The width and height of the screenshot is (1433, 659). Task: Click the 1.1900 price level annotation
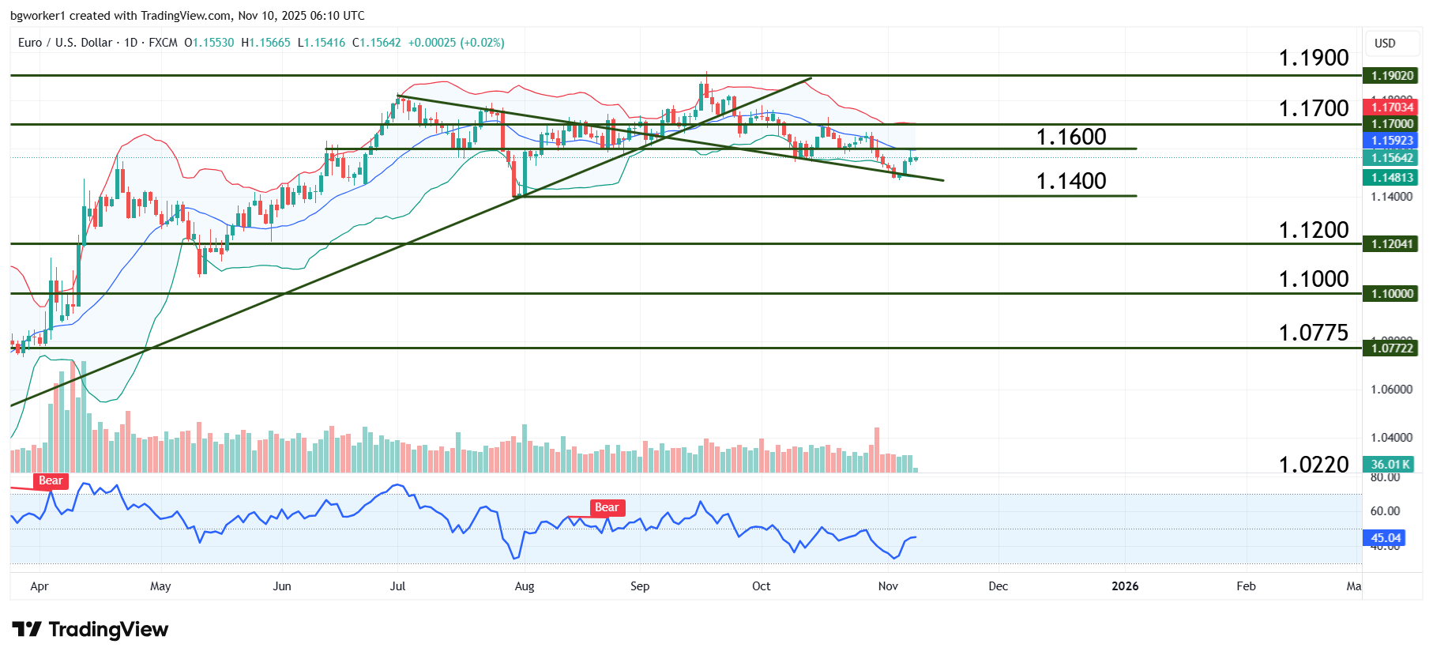click(1313, 58)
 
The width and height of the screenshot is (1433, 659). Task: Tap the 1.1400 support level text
click(1070, 181)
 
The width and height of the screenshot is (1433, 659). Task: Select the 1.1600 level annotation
click(1070, 137)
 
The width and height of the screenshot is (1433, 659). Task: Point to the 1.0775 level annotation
click(1313, 333)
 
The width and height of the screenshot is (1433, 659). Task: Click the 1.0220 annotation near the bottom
click(1313, 465)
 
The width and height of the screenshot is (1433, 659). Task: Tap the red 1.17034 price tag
click(1391, 107)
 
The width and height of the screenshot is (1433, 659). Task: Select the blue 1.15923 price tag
click(1391, 141)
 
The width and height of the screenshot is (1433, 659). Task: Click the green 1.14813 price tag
click(1391, 178)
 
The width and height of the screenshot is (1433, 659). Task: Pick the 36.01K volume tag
click(1390, 465)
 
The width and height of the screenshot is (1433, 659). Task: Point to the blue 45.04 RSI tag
click(1386, 538)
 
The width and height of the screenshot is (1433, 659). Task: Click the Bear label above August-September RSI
click(607, 507)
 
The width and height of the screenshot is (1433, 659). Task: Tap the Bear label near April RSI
click(51, 480)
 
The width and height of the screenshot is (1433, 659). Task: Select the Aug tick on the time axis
click(525, 586)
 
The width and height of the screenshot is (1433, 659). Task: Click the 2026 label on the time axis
click(1125, 586)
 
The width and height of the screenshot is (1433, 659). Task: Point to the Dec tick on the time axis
click(999, 586)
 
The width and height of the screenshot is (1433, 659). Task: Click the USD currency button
click(1385, 43)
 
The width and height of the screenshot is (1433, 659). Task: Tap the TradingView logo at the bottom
click(90, 630)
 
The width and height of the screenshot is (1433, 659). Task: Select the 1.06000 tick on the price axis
click(1391, 390)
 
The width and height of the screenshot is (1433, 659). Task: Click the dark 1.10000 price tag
click(1391, 294)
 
